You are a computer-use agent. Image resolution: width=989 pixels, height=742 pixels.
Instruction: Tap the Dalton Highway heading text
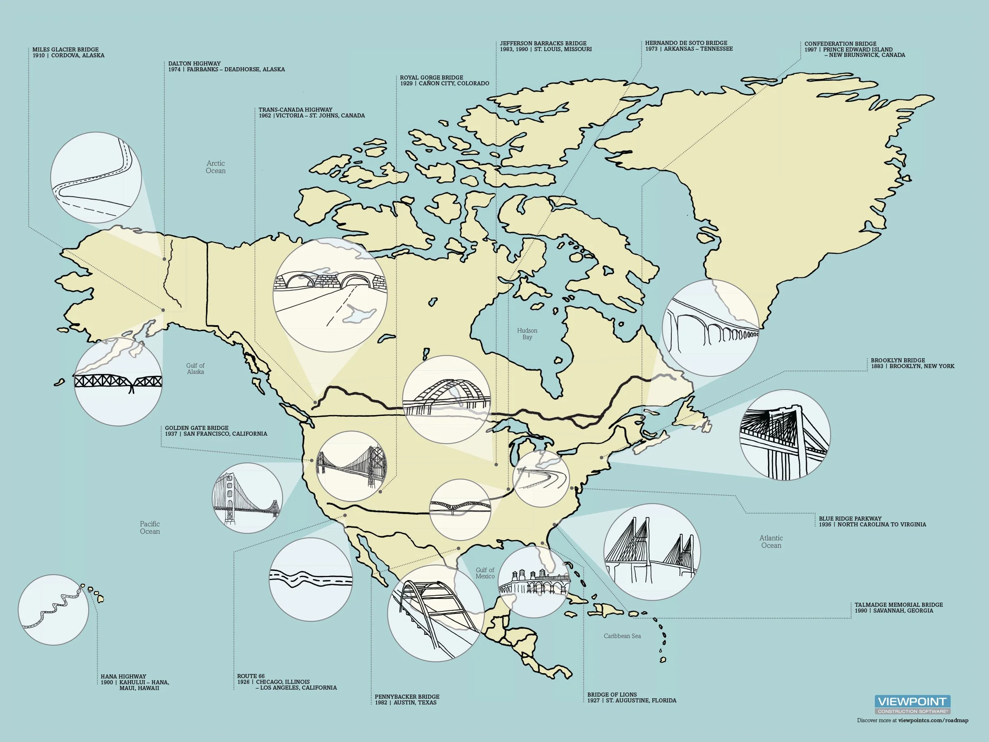(x=195, y=63)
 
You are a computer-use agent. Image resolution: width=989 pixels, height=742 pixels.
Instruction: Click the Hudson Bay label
(x=527, y=333)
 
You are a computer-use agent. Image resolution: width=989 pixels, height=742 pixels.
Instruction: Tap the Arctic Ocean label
(x=216, y=167)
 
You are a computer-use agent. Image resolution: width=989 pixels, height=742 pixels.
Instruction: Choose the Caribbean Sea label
(x=622, y=636)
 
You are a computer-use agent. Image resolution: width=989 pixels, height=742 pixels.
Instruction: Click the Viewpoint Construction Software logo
(x=912, y=704)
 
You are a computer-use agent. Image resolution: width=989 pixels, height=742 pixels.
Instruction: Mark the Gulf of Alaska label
(x=195, y=369)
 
